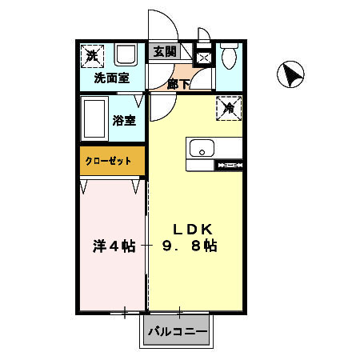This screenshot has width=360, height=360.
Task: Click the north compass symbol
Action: tap(290, 75)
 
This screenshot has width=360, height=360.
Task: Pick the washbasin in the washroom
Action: tap(125, 56)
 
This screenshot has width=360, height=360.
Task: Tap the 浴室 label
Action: tap(124, 122)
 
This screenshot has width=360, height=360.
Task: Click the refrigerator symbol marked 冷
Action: tap(228, 108)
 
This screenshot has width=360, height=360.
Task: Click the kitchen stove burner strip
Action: tap(229, 166)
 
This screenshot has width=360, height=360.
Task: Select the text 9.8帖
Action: tap(190, 246)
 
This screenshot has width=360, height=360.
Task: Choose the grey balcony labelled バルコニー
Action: tap(176, 330)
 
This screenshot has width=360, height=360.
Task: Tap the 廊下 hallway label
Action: tap(178, 84)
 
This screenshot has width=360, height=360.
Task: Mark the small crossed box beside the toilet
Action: tap(203, 58)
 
